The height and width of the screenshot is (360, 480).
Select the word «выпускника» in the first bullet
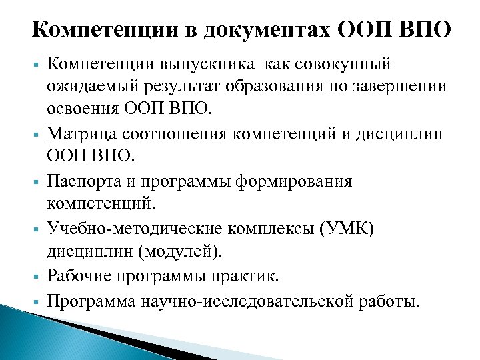click(205, 65)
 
